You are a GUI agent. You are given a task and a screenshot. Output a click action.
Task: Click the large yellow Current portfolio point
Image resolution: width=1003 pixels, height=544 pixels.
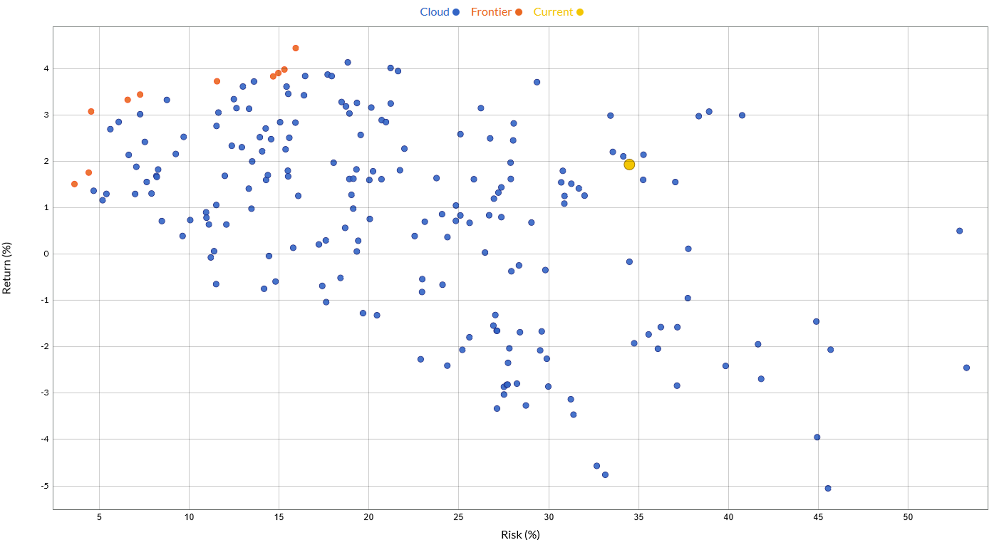click(629, 165)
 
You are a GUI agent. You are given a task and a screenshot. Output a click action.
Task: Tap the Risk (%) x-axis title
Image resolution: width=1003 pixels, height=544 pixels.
click(520, 534)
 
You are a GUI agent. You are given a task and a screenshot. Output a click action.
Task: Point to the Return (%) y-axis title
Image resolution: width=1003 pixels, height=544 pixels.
click(7, 268)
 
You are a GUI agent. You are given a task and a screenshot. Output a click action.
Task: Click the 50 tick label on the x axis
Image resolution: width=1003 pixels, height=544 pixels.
click(908, 517)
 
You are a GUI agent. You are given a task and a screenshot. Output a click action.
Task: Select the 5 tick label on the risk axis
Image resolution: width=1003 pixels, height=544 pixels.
click(99, 517)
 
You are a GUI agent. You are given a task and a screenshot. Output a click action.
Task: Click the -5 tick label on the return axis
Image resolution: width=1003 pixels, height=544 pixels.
click(44, 486)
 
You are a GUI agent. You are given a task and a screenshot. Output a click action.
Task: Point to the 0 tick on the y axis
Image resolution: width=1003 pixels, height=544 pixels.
click(46, 254)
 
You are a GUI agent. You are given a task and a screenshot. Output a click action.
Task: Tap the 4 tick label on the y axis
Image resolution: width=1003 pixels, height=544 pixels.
click(46, 69)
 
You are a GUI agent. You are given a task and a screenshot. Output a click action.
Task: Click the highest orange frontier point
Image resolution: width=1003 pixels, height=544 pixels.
click(296, 48)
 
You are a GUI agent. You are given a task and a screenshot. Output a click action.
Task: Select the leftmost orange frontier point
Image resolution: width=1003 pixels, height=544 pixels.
click(74, 184)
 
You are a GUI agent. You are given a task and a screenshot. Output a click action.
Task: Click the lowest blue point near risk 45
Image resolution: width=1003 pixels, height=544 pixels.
click(828, 488)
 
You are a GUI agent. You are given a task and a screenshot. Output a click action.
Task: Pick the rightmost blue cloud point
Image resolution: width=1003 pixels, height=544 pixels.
click(967, 368)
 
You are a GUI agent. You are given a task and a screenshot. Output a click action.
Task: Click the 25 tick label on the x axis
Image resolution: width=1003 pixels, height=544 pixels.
click(459, 517)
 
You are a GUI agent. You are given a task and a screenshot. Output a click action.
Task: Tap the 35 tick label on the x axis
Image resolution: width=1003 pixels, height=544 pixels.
click(639, 517)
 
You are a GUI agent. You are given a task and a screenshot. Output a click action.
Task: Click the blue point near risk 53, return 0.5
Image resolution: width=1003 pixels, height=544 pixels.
click(960, 231)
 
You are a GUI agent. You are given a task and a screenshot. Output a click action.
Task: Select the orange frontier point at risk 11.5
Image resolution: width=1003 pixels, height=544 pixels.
click(217, 81)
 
